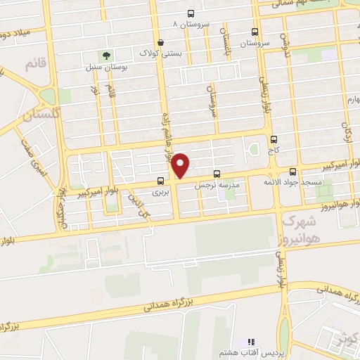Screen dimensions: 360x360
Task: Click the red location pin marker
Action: click(x=181, y=165)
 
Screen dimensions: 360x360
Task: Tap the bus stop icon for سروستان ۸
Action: click(x=191, y=14)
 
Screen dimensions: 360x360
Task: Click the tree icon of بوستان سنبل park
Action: click(x=105, y=54)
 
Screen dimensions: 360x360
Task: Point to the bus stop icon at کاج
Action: click(x=273, y=139)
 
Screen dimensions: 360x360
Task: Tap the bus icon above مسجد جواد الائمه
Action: click(x=292, y=172)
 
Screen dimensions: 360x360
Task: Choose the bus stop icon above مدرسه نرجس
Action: click(x=216, y=173)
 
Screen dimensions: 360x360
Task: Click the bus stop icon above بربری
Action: click(x=160, y=180)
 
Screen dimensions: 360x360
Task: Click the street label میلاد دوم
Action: click(x=16, y=34)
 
